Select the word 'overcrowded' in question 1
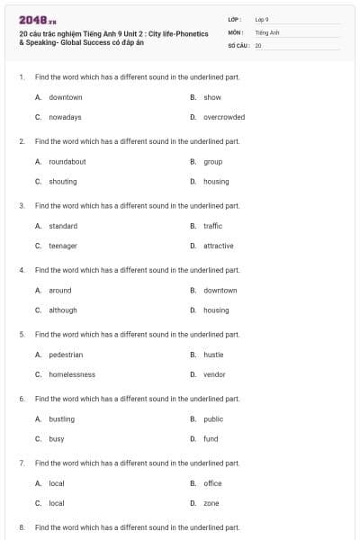223,117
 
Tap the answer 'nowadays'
65,117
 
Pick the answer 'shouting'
62,181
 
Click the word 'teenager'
62,246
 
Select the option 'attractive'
218,246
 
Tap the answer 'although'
62,310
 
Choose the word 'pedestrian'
66,355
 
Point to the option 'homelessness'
72,374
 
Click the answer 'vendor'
214,374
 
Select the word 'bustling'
61,418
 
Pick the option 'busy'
56,438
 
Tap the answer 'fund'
211,438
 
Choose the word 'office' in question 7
212,483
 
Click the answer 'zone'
211,503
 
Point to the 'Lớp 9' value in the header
262,18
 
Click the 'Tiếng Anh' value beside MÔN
267,31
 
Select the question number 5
22,334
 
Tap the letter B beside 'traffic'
193,226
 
